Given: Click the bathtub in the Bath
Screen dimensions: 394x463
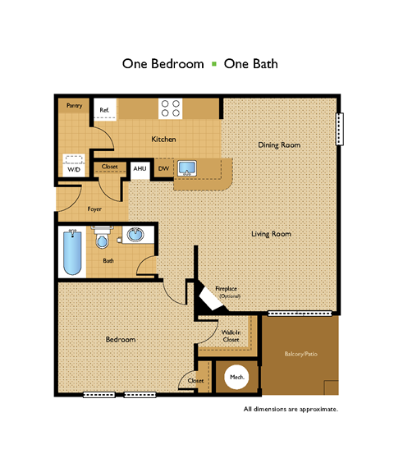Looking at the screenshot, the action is coord(72,252).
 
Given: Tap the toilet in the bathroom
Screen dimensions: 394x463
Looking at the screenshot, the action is coord(102,236).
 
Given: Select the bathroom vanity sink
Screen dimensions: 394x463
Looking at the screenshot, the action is coord(135,235).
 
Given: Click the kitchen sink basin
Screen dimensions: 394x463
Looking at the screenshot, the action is coord(187,168).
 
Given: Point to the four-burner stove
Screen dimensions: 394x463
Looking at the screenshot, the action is coord(171,108).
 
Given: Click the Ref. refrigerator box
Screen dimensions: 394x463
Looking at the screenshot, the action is coord(105,109).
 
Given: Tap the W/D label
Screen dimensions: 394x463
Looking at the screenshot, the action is coord(74,169).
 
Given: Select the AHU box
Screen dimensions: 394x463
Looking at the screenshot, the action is coord(140,171).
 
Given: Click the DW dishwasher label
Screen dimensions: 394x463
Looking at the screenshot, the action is coord(163,168).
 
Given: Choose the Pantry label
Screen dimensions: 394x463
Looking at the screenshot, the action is coord(74,105).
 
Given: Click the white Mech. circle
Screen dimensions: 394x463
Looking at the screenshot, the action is coord(236,377).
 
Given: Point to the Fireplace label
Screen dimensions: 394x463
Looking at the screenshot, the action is coord(226,288).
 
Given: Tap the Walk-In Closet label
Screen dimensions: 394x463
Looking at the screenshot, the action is coord(231,336).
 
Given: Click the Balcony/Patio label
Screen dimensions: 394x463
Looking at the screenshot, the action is coord(300,354).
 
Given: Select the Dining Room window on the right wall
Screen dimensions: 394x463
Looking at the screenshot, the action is coord(340,129).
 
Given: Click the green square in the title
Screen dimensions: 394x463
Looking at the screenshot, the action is coord(214,64).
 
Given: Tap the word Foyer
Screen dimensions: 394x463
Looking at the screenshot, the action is coord(94,209).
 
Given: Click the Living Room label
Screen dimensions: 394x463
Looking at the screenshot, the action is coord(271,234).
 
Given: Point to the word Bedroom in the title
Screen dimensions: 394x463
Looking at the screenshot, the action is coord(177,64).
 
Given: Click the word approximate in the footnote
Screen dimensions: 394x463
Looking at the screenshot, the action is coord(318,410).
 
